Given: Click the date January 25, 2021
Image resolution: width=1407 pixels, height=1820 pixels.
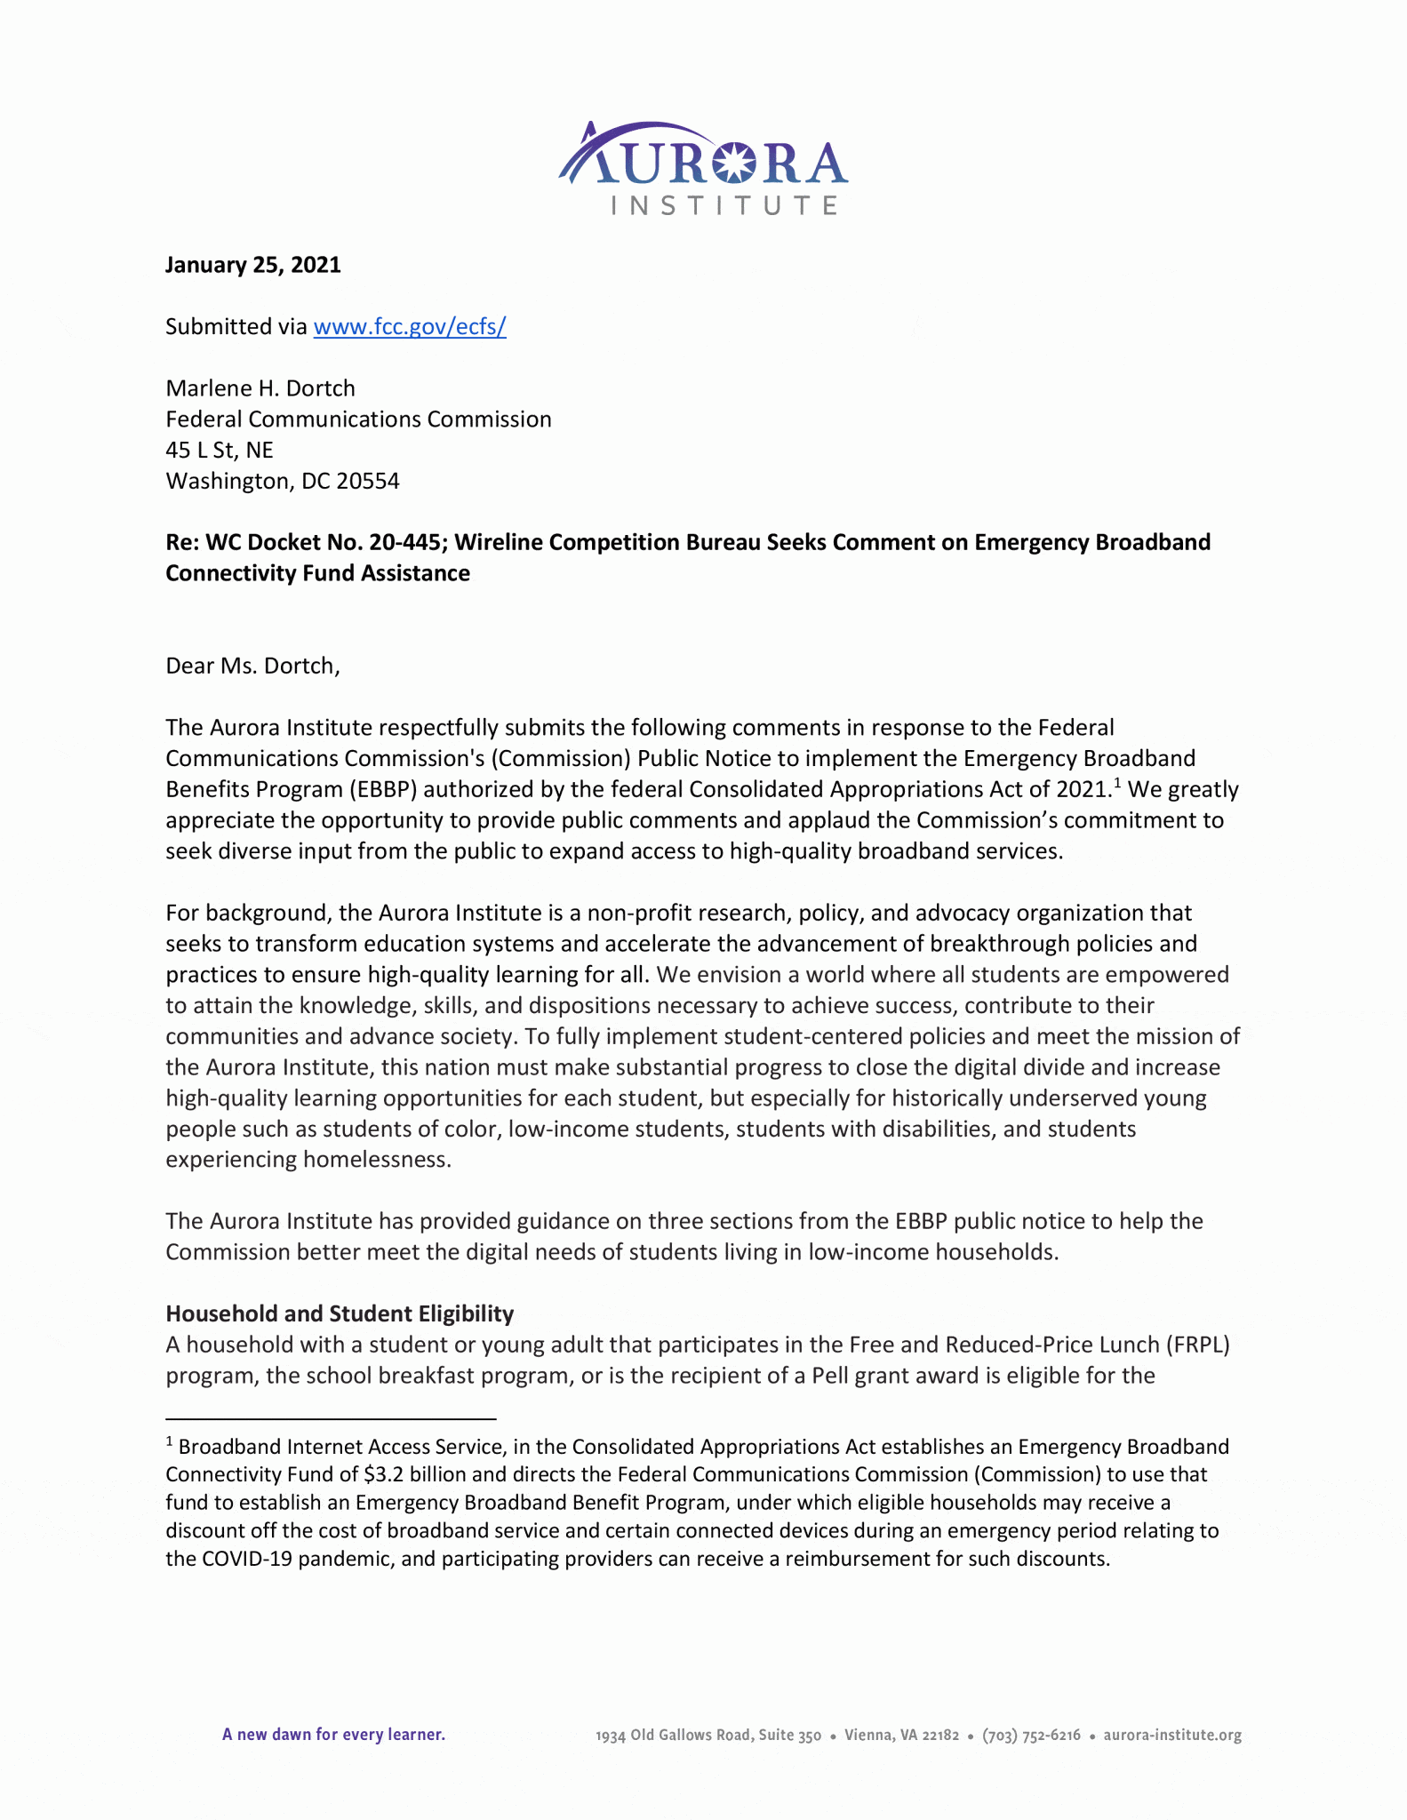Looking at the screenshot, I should coord(253,265).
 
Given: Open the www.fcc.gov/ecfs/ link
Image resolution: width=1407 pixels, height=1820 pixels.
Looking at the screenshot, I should coord(410,327).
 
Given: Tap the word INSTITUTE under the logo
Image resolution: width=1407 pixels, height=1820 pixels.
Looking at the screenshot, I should coord(724,206).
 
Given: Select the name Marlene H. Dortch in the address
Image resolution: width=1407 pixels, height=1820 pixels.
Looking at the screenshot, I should coord(260,388).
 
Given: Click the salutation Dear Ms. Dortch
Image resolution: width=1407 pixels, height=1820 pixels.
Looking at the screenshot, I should coord(252,666).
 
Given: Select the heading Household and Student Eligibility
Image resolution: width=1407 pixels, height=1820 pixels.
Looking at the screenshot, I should coord(340,1313).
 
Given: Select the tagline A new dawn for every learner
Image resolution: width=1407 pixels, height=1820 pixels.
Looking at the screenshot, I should coord(333,1735).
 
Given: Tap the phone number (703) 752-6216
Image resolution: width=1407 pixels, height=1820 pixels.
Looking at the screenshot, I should coord(1031,1736).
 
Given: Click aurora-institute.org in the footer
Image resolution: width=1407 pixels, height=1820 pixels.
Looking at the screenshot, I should coord(1171,1736).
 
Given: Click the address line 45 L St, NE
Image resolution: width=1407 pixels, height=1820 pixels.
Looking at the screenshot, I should coord(220,451).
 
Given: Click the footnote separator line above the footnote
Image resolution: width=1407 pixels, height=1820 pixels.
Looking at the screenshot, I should coord(330,1419).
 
